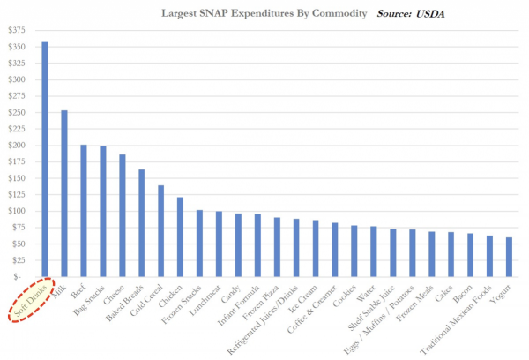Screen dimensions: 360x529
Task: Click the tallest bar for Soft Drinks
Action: tap(45, 160)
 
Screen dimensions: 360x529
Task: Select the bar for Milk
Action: tap(64, 194)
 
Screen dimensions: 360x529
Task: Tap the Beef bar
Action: tap(84, 211)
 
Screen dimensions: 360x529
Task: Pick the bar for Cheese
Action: tap(122, 216)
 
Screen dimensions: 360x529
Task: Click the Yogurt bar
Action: tap(509, 257)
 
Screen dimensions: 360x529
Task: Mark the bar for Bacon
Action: tap(470, 255)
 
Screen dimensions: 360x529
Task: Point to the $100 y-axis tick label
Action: tap(17, 211)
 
